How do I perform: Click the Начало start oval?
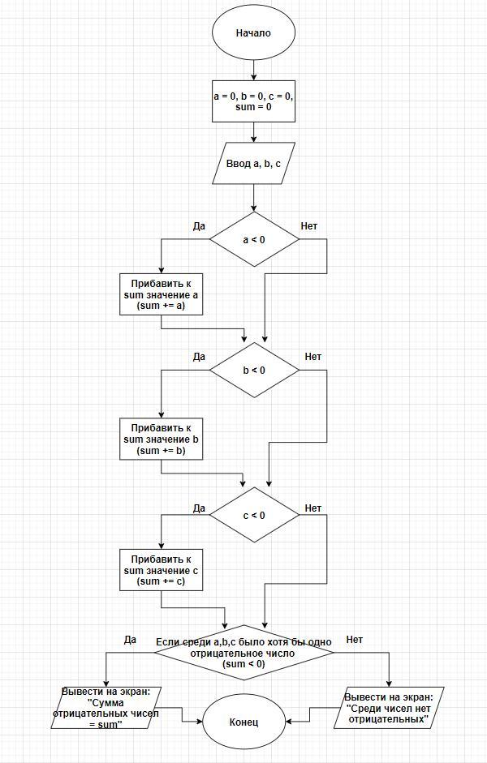click(253, 33)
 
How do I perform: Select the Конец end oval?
click(243, 722)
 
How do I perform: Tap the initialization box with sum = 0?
click(254, 101)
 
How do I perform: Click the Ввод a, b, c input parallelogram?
click(254, 163)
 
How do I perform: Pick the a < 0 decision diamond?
click(254, 239)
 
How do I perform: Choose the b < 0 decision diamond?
click(254, 371)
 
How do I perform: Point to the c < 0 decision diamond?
click(254, 515)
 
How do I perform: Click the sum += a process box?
click(162, 294)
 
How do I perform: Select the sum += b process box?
click(162, 439)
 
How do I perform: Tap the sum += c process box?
click(162, 570)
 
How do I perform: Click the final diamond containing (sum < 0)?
click(244, 653)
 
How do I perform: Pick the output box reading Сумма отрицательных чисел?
click(106, 708)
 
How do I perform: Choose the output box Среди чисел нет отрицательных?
click(389, 708)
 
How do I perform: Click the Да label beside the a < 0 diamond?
click(199, 226)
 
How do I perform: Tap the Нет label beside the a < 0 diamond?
click(308, 226)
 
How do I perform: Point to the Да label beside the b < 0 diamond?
click(199, 357)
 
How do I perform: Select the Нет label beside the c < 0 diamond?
click(313, 508)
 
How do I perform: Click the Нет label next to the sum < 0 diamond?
click(355, 640)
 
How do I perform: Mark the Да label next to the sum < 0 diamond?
click(130, 640)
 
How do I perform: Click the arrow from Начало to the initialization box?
click(254, 71)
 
